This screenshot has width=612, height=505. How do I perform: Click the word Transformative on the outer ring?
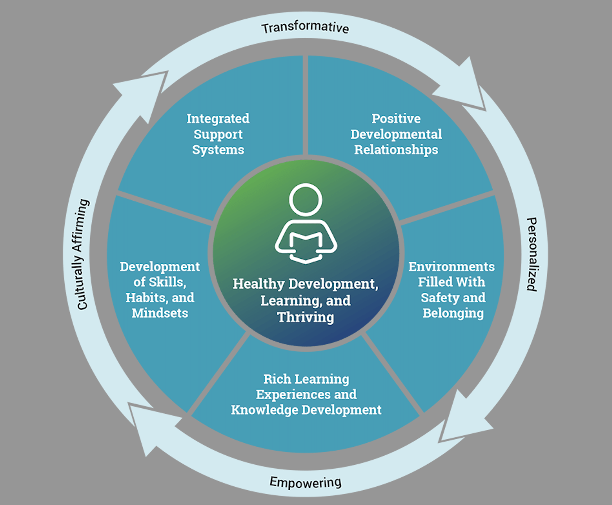pos(305,28)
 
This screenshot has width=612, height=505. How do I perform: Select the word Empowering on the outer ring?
pos(306,482)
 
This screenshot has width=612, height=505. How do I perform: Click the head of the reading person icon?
pos(306,200)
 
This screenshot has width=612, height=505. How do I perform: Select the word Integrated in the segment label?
pos(218,119)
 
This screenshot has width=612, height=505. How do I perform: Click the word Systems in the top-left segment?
pos(218,150)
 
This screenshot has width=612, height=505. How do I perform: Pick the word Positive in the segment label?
pos(396,118)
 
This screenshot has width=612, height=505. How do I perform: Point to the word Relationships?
pos(396,150)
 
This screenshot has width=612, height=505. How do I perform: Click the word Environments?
pos(452,267)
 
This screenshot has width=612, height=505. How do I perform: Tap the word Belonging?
pos(453,313)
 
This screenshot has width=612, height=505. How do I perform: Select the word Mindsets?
pos(160,313)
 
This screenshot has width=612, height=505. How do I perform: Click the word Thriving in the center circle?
pos(306,317)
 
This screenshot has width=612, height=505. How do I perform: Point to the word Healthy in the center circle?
pos(259,284)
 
